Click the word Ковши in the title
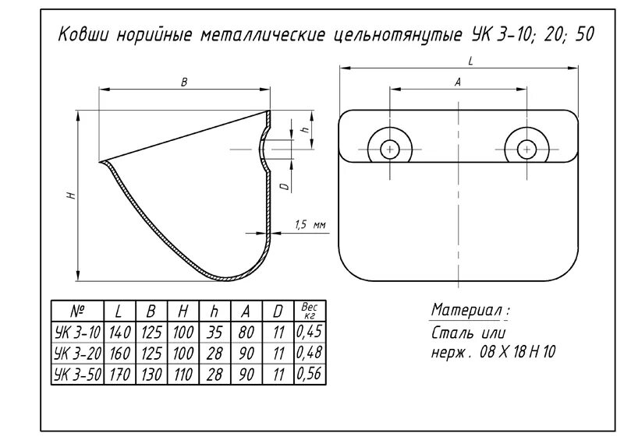click(x=86, y=37)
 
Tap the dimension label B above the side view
click(x=184, y=83)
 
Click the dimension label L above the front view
click(x=470, y=60)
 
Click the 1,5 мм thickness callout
click(x=309, y=225)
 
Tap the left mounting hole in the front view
click(x=390, y=148)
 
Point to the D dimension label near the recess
click(x=285, y=186)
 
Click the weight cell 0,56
click(x=310, y=374)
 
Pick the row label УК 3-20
click(x=77, y=353)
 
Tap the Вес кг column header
click(x=310, y=311)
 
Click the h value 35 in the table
click(x=214, y=332)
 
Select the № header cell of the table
click(x=77, y=311)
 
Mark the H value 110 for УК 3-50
click(x=183, y=374)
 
